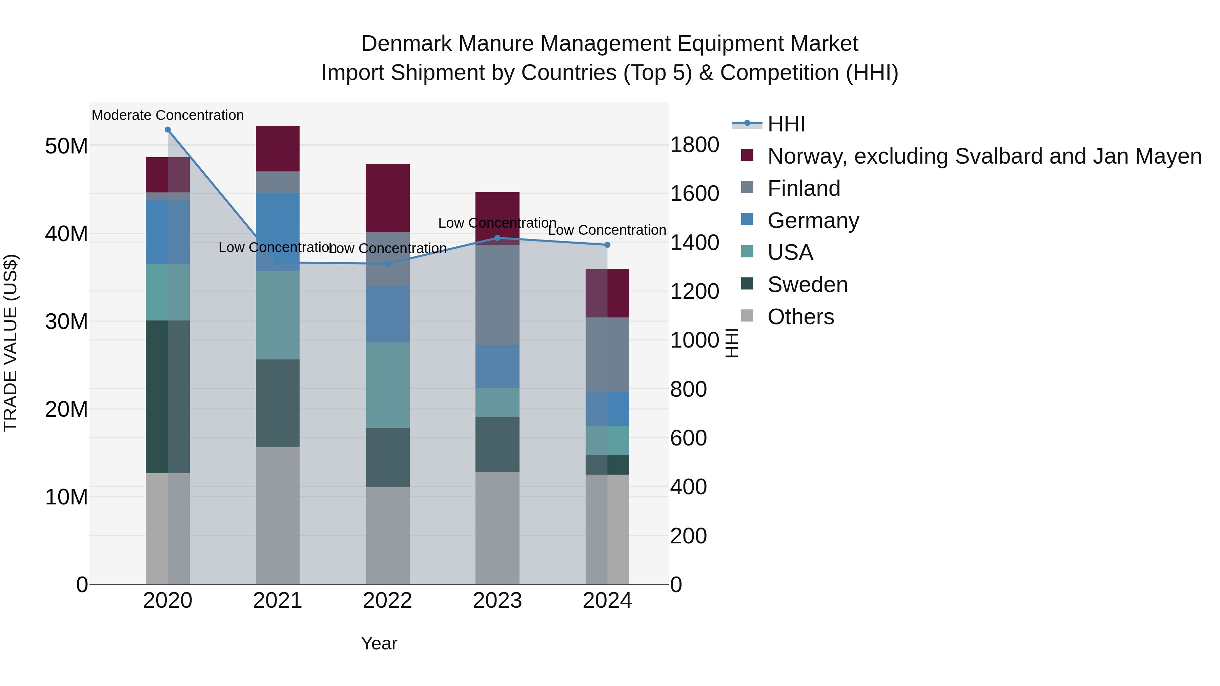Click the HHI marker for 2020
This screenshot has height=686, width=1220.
coord(168,130)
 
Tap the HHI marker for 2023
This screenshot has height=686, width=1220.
coord(497,238)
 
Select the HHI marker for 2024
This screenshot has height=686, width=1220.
coord(607,245)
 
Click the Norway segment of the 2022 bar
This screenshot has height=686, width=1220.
coord(387,198)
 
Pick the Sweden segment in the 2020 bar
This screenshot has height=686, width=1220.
coord(168,397)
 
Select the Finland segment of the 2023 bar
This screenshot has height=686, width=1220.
coord(497,295)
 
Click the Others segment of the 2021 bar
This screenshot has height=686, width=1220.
coord(278,515)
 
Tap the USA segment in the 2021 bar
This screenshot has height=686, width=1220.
coord(278,315)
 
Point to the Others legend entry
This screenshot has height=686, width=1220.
coord(800,317)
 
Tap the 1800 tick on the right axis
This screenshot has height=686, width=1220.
coord(694,145)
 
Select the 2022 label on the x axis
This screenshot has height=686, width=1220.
coord(387,601)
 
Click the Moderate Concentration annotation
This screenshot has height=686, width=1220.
coord(168,115)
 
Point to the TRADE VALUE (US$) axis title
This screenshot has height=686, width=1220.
coord(11,343)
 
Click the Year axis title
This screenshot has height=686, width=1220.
coord(379,643)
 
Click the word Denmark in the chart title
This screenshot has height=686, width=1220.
coord(400,44)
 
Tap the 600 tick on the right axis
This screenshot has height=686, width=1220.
coord(688,438)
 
